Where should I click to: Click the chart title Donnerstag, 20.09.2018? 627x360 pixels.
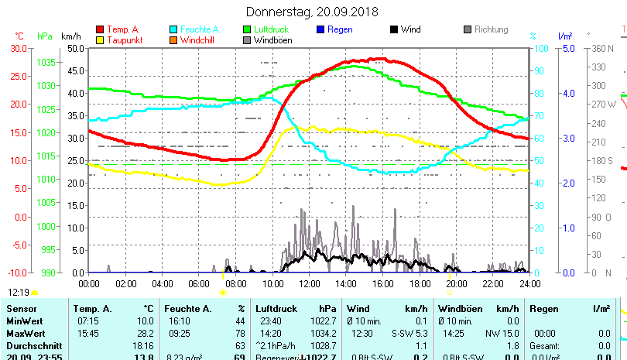click(x=312, y=12)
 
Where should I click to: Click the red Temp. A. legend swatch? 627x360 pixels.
click(x=99, y=29)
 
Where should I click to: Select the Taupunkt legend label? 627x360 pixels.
click(x=124, y=39)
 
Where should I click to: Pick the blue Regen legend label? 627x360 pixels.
click(x=340, y=29)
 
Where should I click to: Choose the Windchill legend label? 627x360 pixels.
click(x=200, y=39)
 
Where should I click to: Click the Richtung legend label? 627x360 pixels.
click(x=491, y=29)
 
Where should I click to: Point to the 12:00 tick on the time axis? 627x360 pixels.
click(x=308, y=283)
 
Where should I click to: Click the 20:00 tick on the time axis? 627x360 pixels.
click(x=455, y=283)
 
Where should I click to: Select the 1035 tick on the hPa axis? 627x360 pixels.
click(x=46, y=62)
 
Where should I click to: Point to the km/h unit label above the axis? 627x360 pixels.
click(x=70, y=36)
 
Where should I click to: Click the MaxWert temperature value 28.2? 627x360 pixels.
click(x=144, y=333)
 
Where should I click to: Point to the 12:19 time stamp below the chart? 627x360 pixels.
click(x=19, y=293)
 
